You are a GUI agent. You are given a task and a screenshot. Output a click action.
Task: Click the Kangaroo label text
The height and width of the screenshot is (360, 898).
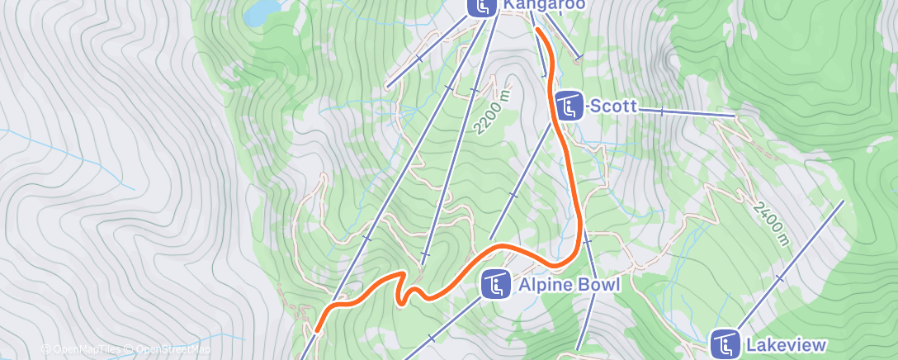coord(544,5)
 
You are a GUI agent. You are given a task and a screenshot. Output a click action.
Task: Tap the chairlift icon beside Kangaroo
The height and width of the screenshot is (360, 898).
coord(482,6)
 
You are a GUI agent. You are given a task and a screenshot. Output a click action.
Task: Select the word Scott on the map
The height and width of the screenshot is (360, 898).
coord(612,106)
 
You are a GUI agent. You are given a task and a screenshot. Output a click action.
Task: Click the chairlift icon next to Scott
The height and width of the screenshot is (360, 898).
coord(570,107)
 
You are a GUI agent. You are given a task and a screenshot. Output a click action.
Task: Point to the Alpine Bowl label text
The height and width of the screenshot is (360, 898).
coord(563,286)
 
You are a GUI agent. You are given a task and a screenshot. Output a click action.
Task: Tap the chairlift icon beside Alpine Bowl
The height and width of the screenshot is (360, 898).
coord(496,286)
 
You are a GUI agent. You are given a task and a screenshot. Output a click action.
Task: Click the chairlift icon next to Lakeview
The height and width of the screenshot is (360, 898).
coord(725,344)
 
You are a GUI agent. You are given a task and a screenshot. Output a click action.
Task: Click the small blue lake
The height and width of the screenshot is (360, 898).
coord(262,12)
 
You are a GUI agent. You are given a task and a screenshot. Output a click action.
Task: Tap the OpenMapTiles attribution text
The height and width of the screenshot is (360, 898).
coord(82,349)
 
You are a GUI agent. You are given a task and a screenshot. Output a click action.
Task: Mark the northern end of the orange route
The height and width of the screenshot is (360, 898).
coord(537,30)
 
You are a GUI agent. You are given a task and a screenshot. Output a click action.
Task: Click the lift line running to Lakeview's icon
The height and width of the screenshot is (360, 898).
coord(792,264)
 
